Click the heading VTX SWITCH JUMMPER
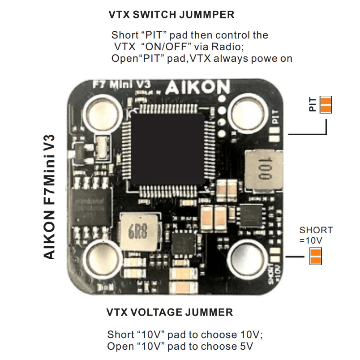tap(171, 15)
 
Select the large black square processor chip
tap(167, 150)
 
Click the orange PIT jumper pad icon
tap(326, 104)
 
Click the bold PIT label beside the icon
tap(313, 104)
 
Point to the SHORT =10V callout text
tap(316, 235)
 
